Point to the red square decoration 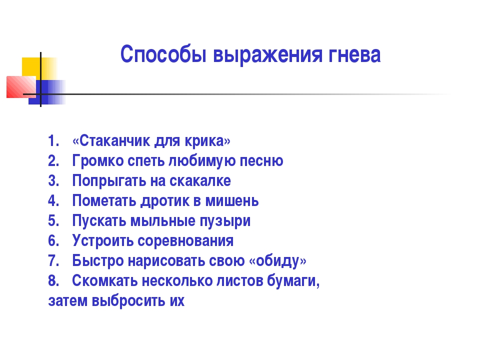[x=21, y=87]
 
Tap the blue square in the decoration [x=47, y=92]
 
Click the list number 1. [x=53, y=141]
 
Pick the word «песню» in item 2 [x=261, y=161]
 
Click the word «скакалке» [x=200, y=180]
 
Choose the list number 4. [x=53, y=201]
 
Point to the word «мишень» [x=231, y=201]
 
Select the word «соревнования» [x=185, y=241]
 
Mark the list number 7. [x=53, y=260]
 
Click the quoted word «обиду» [x=277, y=261]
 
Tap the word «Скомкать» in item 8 [x=104, y=280]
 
